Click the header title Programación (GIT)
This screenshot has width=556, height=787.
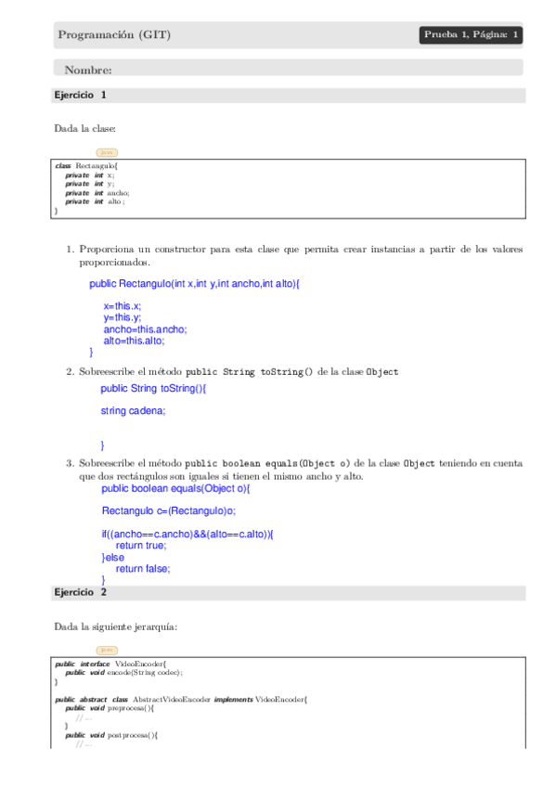114,35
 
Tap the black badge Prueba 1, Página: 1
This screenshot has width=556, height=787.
471,35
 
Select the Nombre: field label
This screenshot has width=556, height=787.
88,70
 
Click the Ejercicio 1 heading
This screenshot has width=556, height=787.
81,95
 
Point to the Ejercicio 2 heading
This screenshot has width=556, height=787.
81,591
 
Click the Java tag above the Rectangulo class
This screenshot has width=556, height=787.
107,152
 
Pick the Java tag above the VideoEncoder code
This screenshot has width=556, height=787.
107,650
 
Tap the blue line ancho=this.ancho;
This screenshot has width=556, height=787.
145,329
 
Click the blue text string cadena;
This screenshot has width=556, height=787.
126,410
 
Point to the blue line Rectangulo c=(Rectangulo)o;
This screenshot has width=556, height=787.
168,510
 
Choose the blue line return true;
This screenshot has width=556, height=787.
141,546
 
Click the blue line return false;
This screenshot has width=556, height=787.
143,569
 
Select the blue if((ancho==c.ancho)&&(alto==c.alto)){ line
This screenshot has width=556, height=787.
187,534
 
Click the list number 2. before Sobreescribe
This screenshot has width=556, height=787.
70,372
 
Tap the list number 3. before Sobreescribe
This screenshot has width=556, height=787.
70,463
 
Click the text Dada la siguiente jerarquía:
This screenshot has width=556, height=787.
115,627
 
